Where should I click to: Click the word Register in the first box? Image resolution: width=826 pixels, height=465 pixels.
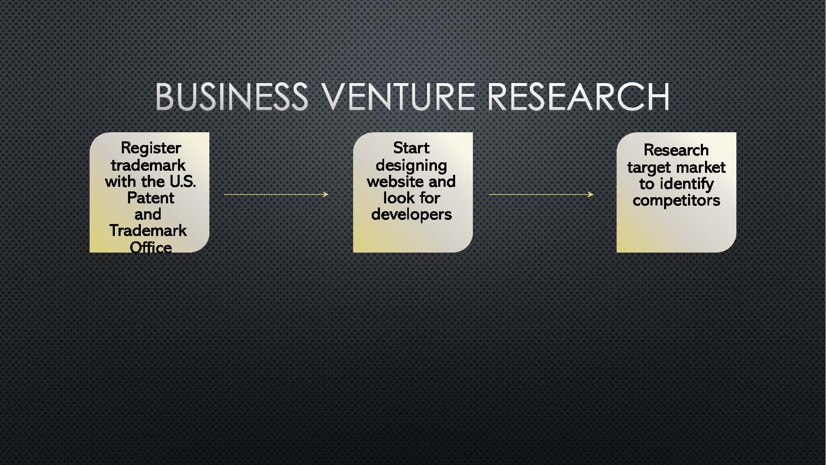[x=151, y=148]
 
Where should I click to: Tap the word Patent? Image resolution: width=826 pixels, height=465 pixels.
[x=150, y=198]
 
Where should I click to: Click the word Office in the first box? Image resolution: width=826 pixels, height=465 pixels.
[x=150, y=247]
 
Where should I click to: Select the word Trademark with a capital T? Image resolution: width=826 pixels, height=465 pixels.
[x=148, y=231]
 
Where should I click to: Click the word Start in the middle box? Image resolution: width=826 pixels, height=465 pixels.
[x=411, y=148]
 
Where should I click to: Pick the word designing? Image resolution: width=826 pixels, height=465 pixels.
[x=411, y=166]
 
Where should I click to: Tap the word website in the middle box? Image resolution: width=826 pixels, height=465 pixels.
[x=394, y=181]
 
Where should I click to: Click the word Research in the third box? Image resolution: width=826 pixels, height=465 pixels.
[x=676, y=150]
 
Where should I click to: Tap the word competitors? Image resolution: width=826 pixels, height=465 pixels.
[x=676, y=201]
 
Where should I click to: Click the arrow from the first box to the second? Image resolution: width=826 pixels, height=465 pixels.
[x=276, y=194]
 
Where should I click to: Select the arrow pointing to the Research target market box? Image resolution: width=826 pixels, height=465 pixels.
[x=541, y=194]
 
